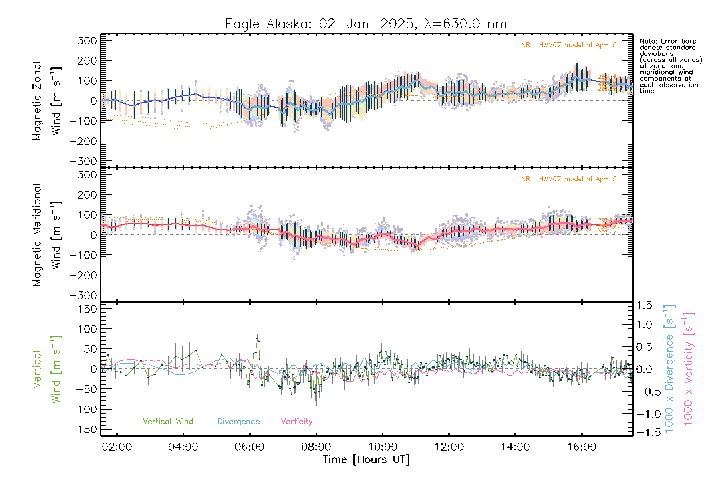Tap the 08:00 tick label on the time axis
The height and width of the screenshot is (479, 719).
(316, 447)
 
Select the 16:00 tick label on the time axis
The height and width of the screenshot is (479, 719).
(582, 447)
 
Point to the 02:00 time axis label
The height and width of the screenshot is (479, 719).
(117, 447)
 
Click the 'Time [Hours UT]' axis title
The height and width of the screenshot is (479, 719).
(366, 459)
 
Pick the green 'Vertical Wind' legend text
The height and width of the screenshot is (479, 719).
(168, 422)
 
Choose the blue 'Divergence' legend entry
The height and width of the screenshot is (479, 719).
(238, 422)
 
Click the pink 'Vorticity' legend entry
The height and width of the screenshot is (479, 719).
(296, 422)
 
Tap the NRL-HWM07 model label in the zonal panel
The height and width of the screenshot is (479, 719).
(569, 45)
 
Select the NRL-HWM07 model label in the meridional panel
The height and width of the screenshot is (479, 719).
(569, 179)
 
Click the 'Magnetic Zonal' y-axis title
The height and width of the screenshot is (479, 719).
(37, 101)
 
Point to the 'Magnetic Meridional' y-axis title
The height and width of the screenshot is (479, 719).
(37, 235)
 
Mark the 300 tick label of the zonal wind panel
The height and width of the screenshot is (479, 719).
(87, 40)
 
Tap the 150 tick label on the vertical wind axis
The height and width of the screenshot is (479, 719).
(87, 309)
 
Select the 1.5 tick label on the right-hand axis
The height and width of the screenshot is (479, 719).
(644, 305)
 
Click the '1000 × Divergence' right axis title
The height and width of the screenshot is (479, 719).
(669, 369)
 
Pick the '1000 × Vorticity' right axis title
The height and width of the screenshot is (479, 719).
(688, 369)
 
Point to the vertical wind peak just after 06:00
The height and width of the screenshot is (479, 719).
(258, 339)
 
